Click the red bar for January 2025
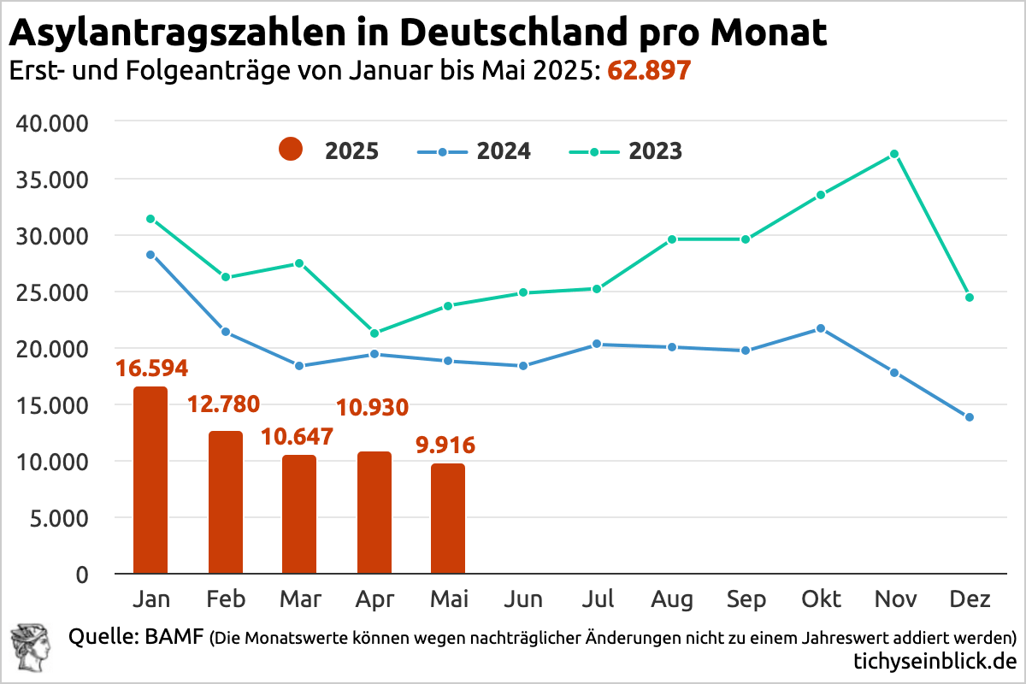(x=150, y=481)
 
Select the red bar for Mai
(x=448, y=519)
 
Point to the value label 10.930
(x=373, y=407)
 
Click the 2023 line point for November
(x=894, y=154)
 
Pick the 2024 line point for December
(x=969, y=417)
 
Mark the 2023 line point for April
(x=374, y=333)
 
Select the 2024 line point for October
(x=821, y=328)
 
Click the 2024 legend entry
(x=475, y=151)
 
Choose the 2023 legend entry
(x=626, y=151)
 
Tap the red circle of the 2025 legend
(x=291, y=151)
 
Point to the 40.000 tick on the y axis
(x=53, y=124)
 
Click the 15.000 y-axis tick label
(x=53, y=405)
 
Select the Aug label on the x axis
(x=672, y=599)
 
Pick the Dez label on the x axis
(x=969, y=599)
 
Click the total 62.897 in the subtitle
(x=648, y=71)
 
